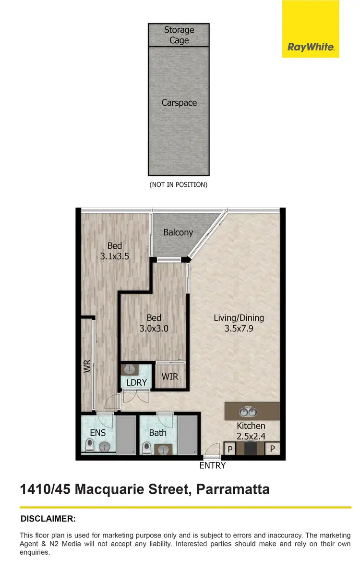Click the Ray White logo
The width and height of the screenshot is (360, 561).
(x=311, y=47)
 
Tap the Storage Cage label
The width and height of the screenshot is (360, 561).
(x=179, y=35)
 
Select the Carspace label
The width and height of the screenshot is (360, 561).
(x=179, y=103)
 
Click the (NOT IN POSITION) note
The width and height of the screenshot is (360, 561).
(x=179, y=184)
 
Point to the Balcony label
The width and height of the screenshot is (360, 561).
(x=178, y=232)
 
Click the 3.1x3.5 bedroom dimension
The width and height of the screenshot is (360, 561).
(x=114, y=257)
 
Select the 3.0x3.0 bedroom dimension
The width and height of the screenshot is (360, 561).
(x=154, y=329)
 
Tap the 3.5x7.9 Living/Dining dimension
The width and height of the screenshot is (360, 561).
(x=239, y=329)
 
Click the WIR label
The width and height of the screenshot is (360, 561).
(x=170, y=376)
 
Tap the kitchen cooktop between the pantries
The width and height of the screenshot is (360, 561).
(x=250, y=449)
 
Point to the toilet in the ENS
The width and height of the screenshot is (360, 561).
(x=90, y=446)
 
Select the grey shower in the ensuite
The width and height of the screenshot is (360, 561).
(x=127, y=435)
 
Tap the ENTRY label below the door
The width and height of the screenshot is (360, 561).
(x=213, y=465)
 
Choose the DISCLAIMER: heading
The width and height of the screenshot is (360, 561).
(x=48, y=519)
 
